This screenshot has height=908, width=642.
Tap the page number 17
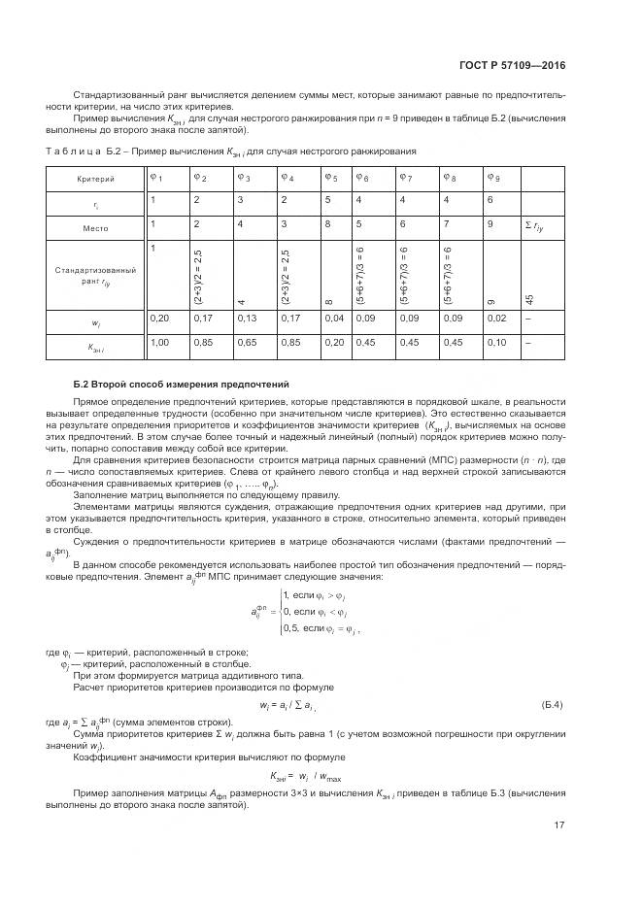click(x=559, y=825)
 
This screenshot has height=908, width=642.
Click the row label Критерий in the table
click(x=95, y=180)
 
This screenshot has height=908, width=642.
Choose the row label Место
click(x=95, y=227)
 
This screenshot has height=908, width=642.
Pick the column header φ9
click(x=493, y=178)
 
